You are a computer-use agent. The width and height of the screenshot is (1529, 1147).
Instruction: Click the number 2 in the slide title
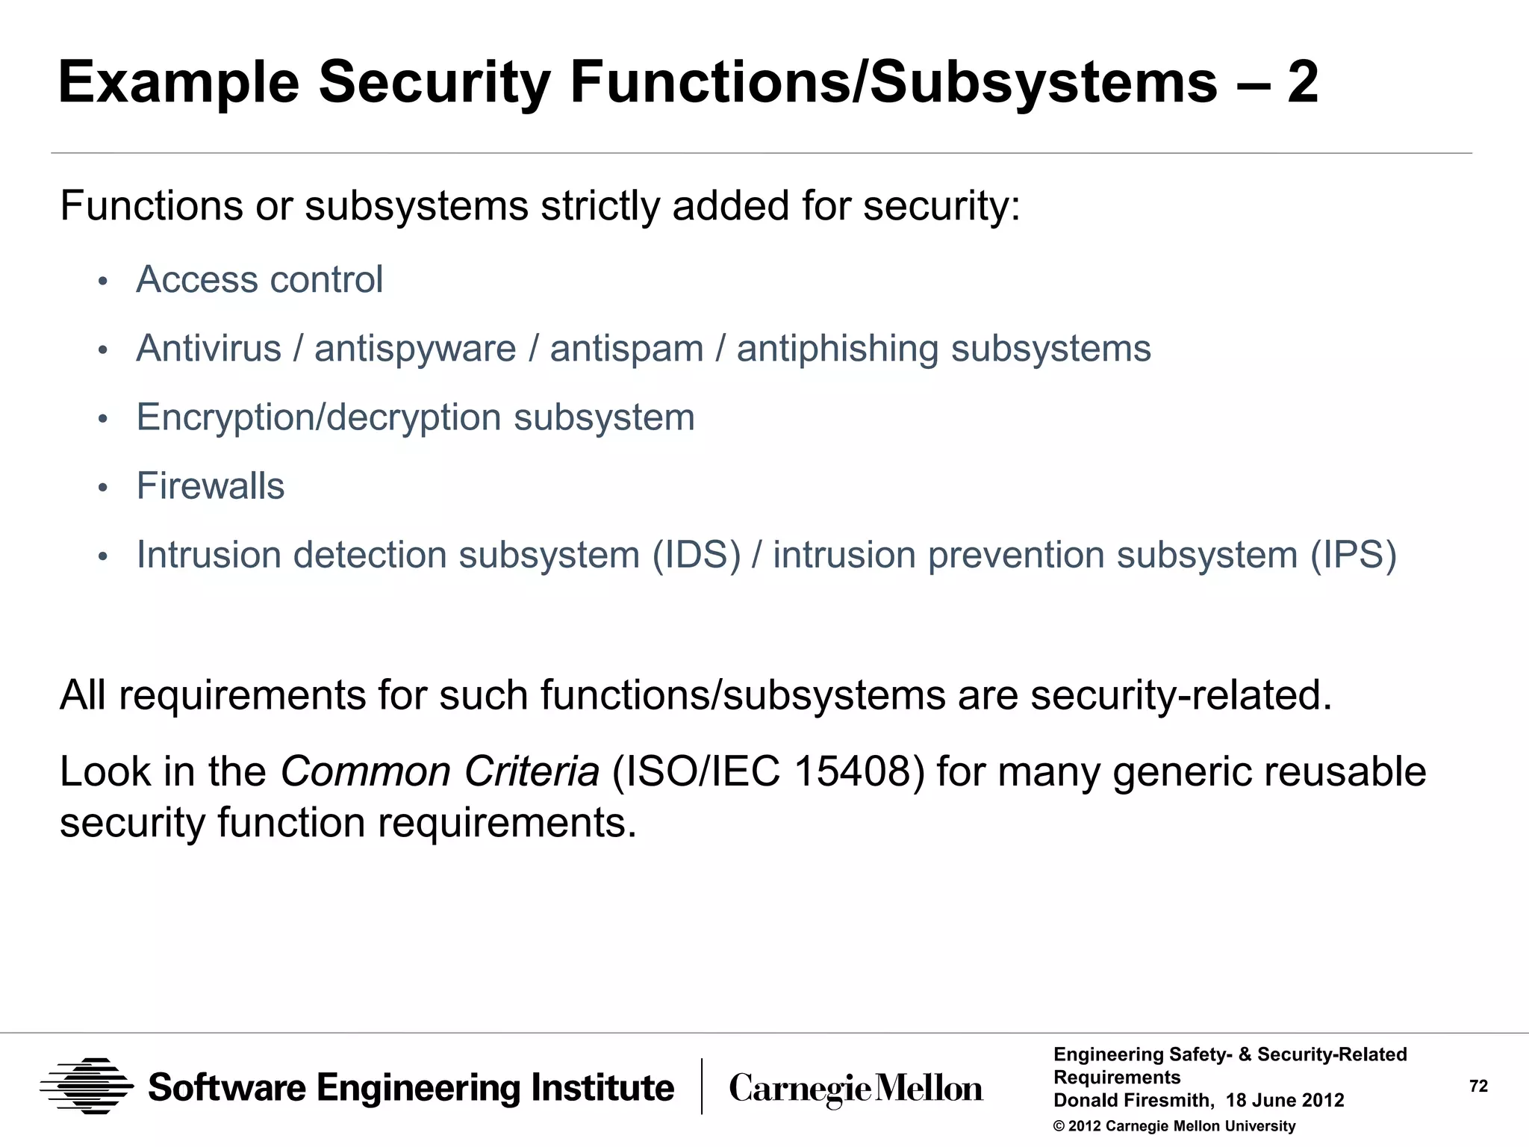coord(1303,82)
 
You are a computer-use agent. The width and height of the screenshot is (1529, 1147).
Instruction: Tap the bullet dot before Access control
coord(103,282)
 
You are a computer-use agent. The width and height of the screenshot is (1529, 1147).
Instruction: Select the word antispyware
coord(415,349)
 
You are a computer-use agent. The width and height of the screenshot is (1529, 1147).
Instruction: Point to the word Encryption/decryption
coord(319,417)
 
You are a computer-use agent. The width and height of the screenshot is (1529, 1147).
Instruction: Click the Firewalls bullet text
coord(211,486)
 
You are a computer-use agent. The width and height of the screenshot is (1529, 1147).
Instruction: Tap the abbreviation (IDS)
coord(696,555)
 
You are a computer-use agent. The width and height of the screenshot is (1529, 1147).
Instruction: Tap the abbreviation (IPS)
coord(1354,555)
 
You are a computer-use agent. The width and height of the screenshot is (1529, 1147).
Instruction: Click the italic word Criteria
coord(531,771)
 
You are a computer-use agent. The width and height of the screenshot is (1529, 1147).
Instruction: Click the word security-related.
coord(1181,695)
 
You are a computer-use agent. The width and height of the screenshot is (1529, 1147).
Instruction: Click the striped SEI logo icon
coord(87,1087)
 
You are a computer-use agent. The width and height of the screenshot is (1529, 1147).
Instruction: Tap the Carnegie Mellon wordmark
coord(856,1089)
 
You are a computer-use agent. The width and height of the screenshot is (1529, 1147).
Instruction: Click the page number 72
coord(1478,1087)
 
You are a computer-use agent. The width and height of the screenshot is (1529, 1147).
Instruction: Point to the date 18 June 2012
coord(1285,1101)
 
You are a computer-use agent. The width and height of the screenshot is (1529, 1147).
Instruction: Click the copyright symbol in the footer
coord(1059,1126)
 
